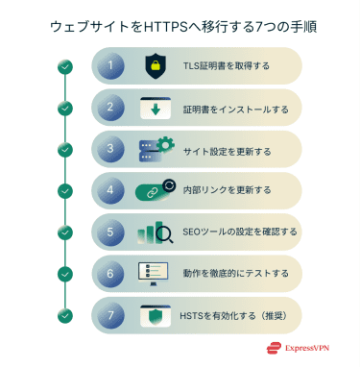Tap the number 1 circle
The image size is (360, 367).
tap(112, 66)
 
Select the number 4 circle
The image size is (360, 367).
tap(112, 190)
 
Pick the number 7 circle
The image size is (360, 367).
tap(112, 314)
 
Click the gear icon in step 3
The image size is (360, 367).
tap(164, 145)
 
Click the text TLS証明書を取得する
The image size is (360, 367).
tap(226, 66)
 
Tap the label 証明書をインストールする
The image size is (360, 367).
tap(236, 108)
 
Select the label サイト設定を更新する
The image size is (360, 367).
tap(227, 149)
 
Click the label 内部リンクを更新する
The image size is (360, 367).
tap(227, 190)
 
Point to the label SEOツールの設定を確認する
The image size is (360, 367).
tap(240, 232)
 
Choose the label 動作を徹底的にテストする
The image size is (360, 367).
tap(236, 273)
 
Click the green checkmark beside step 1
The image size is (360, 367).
tap(64, 66)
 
